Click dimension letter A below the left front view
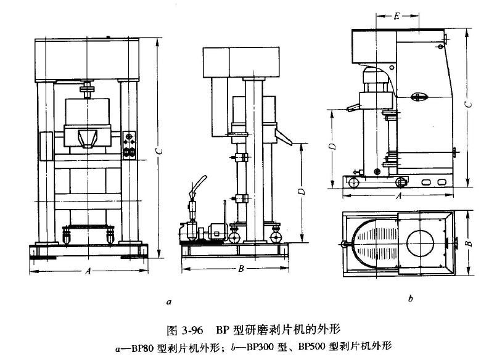88,270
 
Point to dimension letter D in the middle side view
301,192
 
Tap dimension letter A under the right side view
399,197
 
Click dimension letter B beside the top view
468,243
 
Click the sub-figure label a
168,302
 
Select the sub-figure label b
410,300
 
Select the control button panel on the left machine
130,145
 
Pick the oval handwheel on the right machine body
421,96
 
